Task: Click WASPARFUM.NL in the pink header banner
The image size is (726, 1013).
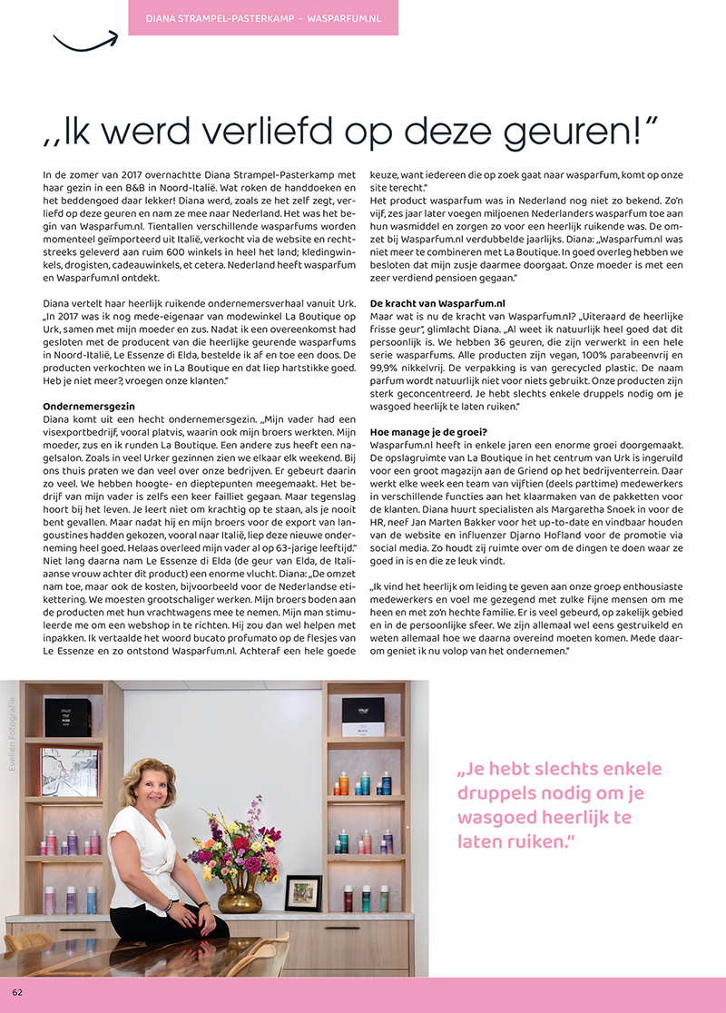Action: tap(345, 17)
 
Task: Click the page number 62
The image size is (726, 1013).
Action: tap(17, 992)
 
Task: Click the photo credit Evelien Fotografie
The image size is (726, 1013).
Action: tap(12, 733)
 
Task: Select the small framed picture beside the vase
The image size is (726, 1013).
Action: tap(302, 892)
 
